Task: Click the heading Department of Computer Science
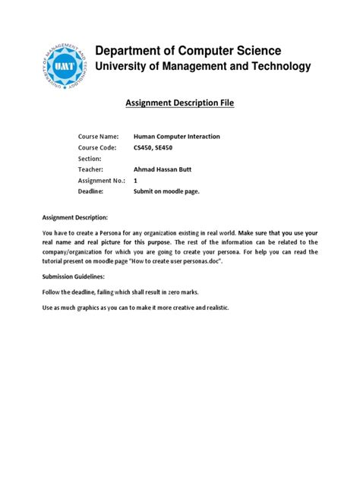[x=188, y=50]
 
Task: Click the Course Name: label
[x=99, y=136]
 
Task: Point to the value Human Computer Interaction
[x=177, y=136]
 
